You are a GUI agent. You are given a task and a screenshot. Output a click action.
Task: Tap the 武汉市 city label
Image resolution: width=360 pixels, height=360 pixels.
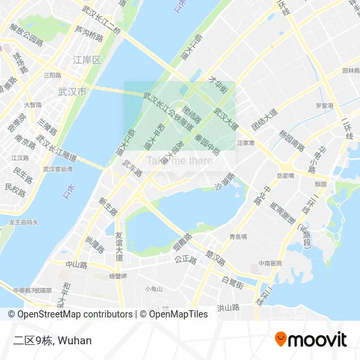coord(72,92)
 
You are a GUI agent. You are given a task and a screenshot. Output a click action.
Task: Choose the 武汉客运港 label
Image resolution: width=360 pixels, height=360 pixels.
coord(58,168)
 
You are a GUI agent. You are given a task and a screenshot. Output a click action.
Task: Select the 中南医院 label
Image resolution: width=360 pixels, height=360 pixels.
coord(269,263)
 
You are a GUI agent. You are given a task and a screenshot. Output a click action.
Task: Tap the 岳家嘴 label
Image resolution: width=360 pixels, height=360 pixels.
coord(285,175)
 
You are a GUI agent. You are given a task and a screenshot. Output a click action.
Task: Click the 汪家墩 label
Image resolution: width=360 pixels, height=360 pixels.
coord(245,141)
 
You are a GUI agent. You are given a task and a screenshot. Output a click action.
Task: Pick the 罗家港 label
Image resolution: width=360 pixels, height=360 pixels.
coord(323,105)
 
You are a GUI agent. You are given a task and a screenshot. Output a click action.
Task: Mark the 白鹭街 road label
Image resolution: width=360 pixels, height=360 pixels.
coord(232,282)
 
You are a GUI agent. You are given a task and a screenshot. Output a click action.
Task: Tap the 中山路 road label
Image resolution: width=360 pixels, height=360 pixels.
coord(76,264)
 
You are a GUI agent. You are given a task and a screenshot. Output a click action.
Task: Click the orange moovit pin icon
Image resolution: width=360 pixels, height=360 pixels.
coord(281,339)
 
